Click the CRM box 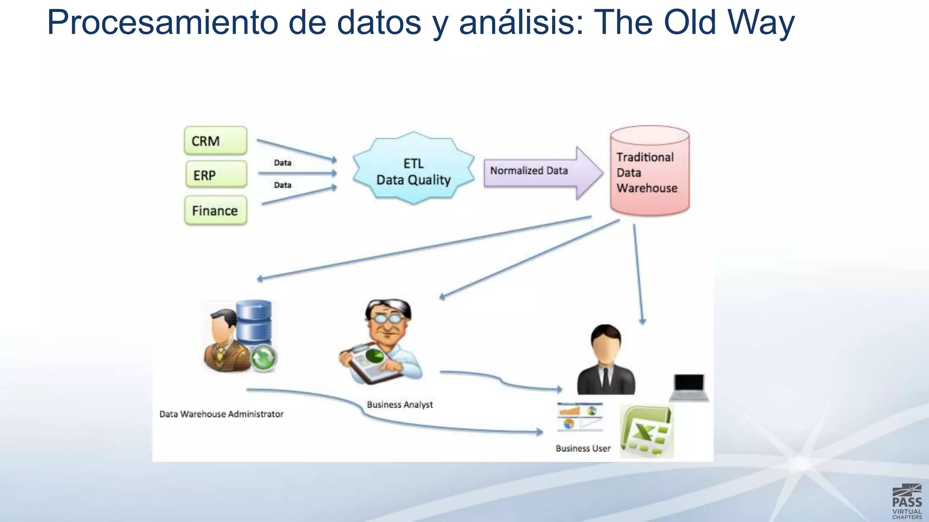click(x=215, y=141)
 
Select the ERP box click(x=215, y=175)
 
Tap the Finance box click(x=215, y=211)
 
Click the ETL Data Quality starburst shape click(x=413, y=171)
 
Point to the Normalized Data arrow click(x=540, y=172)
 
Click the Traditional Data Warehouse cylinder click(x=650, y=172)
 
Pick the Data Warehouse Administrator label click(x=221, y=414)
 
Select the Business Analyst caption click(x=400, y=405)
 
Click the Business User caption click(x=583, y=449)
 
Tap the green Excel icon click(x=647, y=432)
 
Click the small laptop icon click(x=689, y=387)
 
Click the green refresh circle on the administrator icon click(x=263, y=358)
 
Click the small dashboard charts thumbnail click(x=580, y=417)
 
